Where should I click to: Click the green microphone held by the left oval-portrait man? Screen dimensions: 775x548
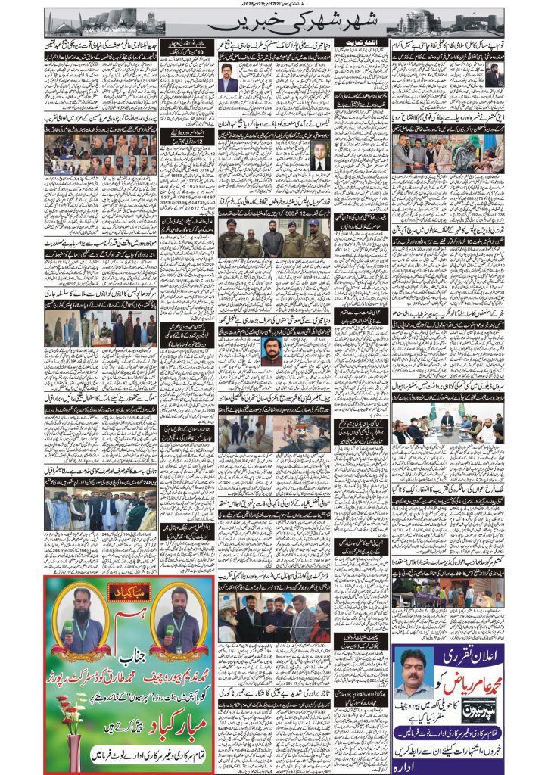pyautogui.click(x=67, y=627)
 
